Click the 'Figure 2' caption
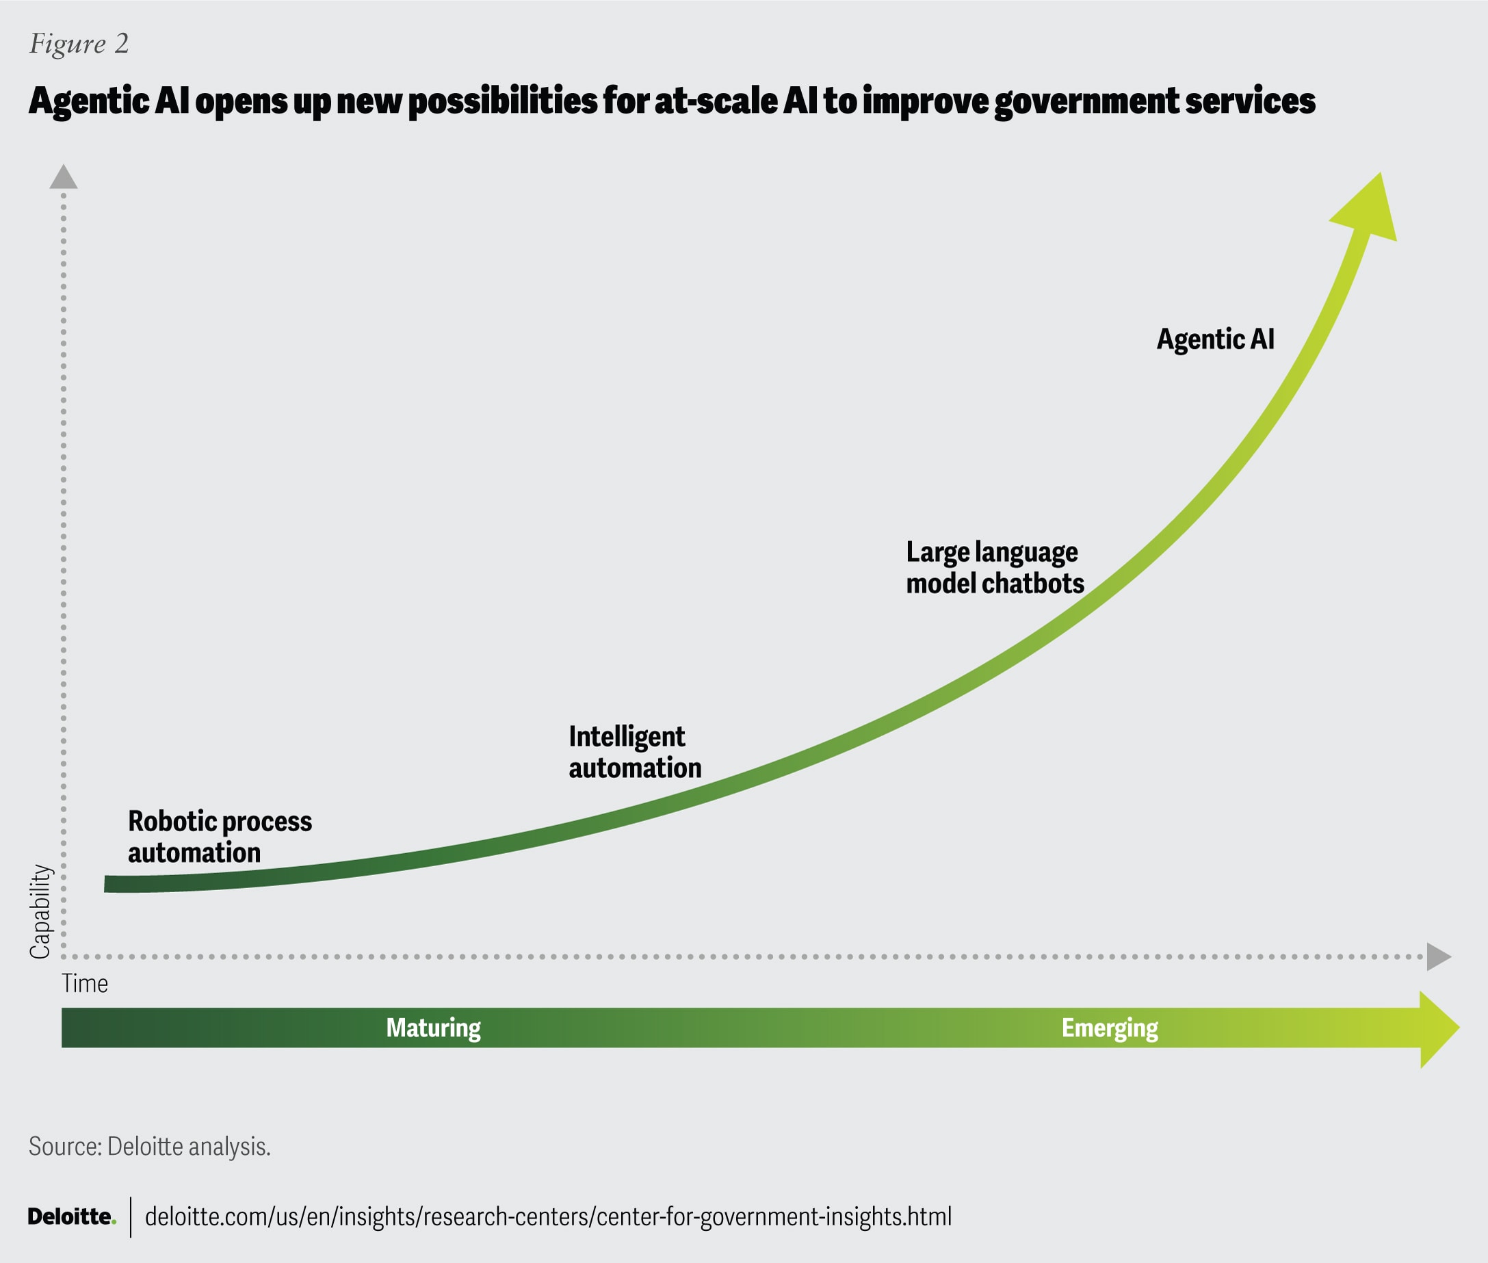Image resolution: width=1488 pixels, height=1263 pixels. click(x=79, y=44)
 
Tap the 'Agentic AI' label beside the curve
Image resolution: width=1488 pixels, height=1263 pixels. click(x=1215, y=339)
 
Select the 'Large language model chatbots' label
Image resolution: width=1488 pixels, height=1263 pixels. click(x=994, y=568)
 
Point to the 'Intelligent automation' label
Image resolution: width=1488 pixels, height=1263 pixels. click(x=634, y=752)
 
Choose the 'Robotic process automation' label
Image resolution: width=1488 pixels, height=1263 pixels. click(x=219, y=836)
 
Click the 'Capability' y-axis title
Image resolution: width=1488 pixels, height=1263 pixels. click(x=40, y=911)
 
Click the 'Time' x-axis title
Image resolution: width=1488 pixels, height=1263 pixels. click(x=85, y=984)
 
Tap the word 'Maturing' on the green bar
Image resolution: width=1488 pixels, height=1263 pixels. click(x=433, y=1028)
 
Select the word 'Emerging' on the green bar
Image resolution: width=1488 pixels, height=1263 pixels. click(x=1109, y=1028)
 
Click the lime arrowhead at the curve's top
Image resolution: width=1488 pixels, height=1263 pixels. click(x=1368, y=211)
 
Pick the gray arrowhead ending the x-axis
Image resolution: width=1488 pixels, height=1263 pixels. click(x=1437, y=956)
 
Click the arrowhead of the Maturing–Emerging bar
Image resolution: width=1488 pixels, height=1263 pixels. click(x=1438, y=1029)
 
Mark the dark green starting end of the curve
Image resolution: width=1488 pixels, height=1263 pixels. click(x=114, y=883)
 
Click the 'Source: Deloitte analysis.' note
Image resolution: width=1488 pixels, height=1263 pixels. click(x=150, y=1146)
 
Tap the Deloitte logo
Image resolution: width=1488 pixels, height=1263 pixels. click(x=72, y=1216)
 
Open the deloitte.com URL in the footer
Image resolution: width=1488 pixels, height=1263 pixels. click(x=548, y=1216)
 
